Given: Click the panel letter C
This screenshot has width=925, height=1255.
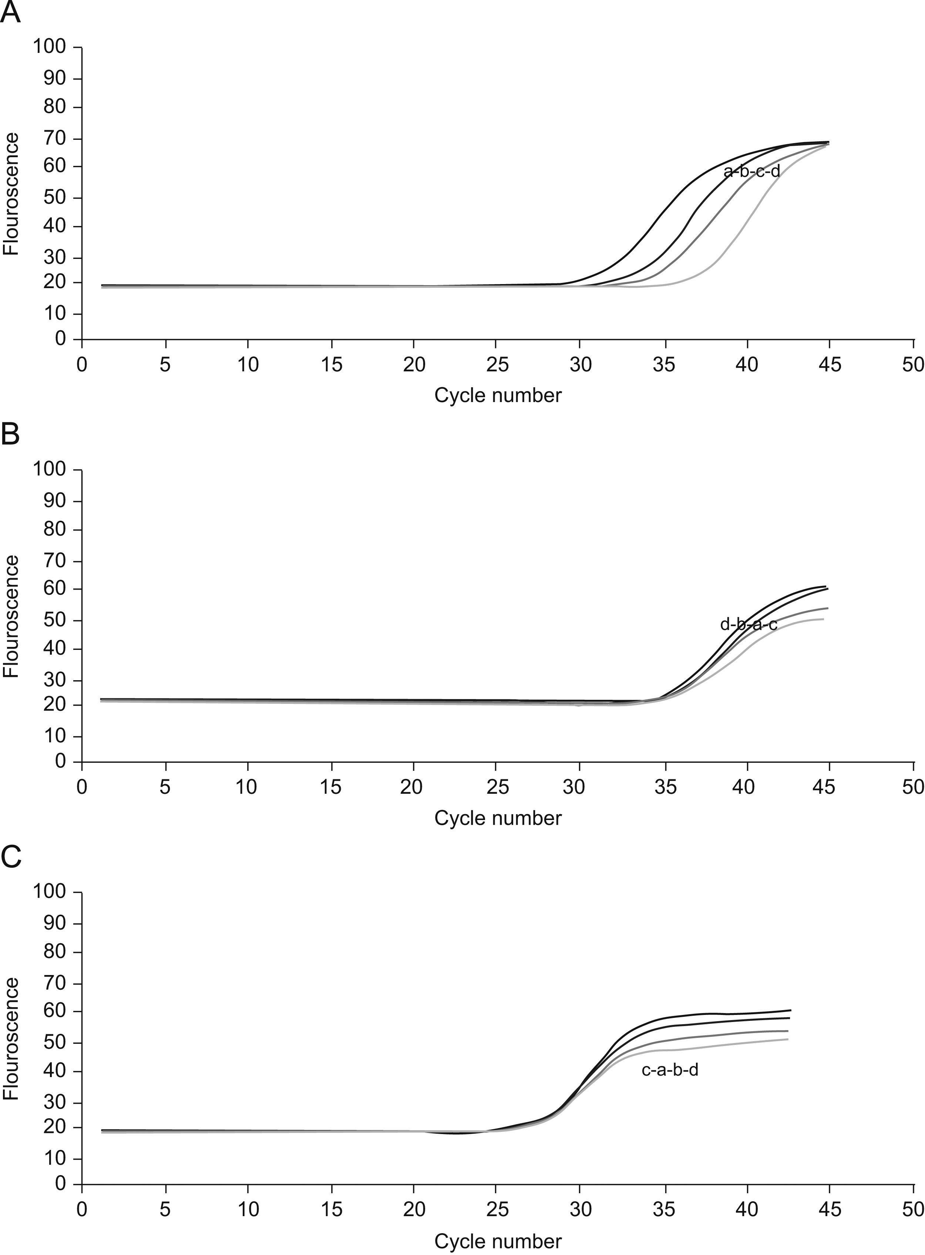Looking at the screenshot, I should (11, 856).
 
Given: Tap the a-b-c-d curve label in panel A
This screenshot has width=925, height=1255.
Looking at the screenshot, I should (751, 171).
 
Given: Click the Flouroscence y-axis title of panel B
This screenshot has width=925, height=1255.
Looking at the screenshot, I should (11, 616).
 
